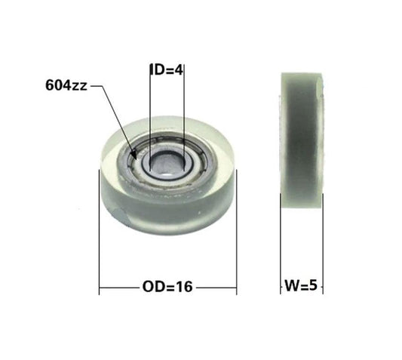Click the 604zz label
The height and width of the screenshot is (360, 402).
click(66, 86)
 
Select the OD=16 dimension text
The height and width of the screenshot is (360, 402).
click(168, 287)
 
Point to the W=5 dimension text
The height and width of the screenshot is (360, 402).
click(302, 287)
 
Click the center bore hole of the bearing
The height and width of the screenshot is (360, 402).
click(167, 159)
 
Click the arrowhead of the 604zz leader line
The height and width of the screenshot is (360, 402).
click(135, 155)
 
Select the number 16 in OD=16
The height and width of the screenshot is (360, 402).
click(185, 287)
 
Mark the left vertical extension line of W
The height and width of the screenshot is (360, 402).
click(281, 242)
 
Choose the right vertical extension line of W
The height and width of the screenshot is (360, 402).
click(323, 242)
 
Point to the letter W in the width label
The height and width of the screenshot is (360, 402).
click(291, 287)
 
